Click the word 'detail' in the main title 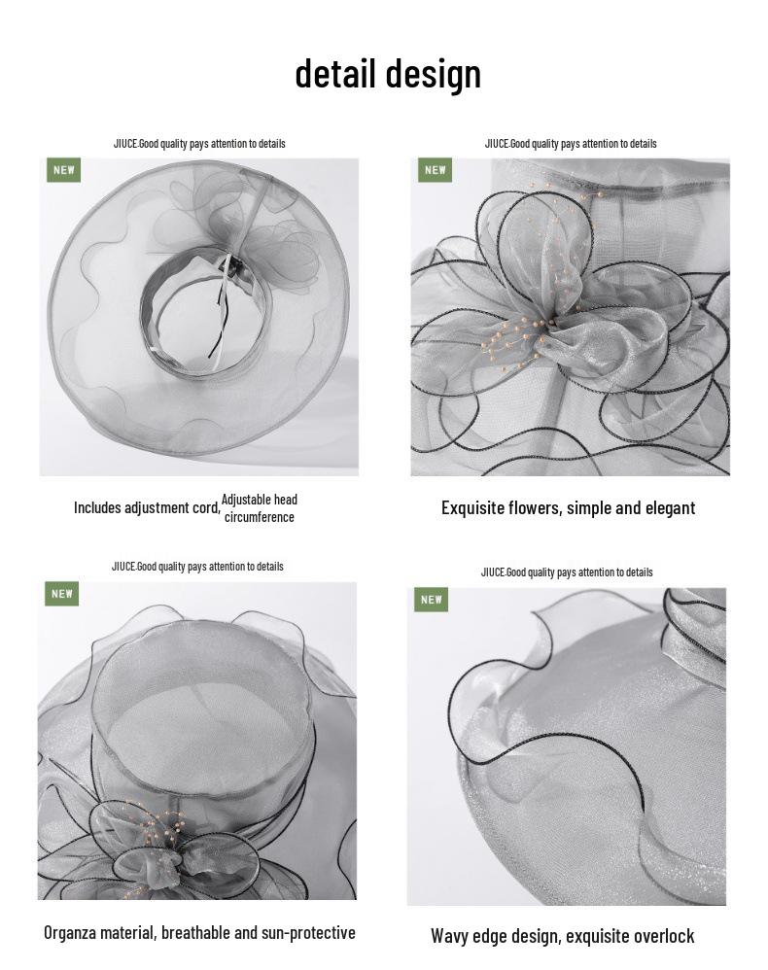point(334,73)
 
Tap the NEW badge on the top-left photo point(64,170)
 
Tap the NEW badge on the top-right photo point(436,170)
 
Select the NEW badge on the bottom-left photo point(62,594)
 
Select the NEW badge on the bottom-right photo point(432,600)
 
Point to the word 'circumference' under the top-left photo point(260,517)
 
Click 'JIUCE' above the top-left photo point(125,144)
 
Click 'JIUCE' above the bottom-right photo point(493,572)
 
